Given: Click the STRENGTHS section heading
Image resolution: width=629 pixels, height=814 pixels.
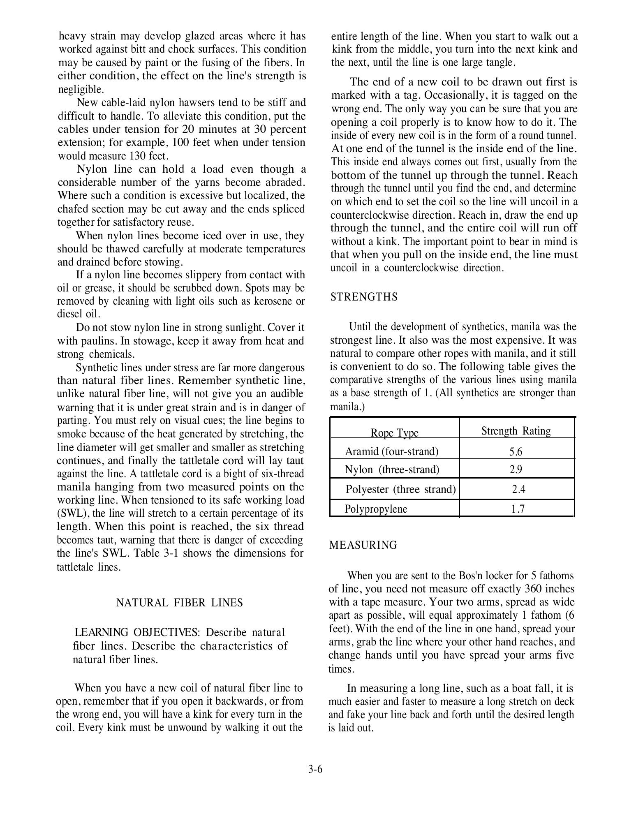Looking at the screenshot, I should [x=364, y=297].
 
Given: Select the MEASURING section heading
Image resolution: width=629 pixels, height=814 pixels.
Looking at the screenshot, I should [x=363, y=545].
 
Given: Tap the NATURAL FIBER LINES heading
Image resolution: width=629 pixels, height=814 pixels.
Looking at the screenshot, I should [x=180, y=603].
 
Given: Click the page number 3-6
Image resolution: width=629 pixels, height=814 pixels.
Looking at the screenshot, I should [x=315, y=769].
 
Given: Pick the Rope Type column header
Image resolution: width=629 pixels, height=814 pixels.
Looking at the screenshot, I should [x=394, y=432].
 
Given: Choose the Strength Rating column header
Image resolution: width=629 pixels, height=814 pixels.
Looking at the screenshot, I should [x=516, y=431].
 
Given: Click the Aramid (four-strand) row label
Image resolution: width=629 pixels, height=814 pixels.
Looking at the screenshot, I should [x=391, y=451].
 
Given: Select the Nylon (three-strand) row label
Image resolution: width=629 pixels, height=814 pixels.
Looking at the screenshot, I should [x=392, y=469].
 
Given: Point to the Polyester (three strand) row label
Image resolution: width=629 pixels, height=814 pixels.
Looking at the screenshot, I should [x=400, y=489].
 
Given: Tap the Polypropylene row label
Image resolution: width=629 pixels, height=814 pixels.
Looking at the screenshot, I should [x=376, y=509].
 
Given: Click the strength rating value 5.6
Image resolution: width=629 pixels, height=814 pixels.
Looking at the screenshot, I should [x=516, y=452].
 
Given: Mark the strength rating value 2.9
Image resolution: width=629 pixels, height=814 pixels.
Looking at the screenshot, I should [x=516, y=469].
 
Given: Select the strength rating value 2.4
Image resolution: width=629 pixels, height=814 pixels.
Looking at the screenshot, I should [x=518, y=489].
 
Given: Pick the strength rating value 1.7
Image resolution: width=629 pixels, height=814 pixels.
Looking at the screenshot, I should [x=518, y=509].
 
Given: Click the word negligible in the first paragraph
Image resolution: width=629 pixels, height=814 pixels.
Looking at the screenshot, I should [x=80, y=90].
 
